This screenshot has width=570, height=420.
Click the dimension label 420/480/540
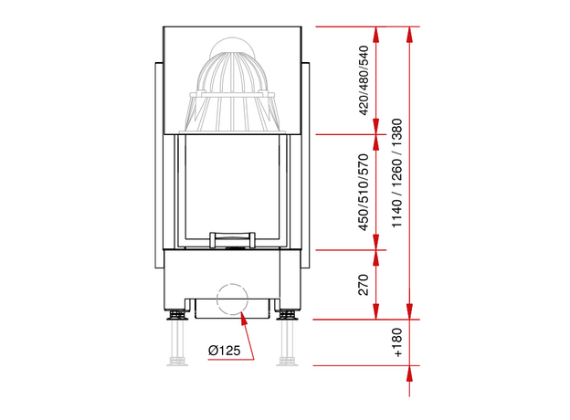coord(364,80)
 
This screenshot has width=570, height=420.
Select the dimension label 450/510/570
coord(364,193)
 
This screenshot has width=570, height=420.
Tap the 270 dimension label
coord(364,285)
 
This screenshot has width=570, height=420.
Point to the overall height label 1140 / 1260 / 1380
coord(397,173)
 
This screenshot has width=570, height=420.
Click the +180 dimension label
coord(397,342)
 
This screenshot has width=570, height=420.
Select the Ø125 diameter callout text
coord(225,351)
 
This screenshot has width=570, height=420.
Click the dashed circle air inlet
coord(232,299)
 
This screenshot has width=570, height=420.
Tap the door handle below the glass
coord(232,240)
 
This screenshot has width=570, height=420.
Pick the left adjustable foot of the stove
coord(177,315)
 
